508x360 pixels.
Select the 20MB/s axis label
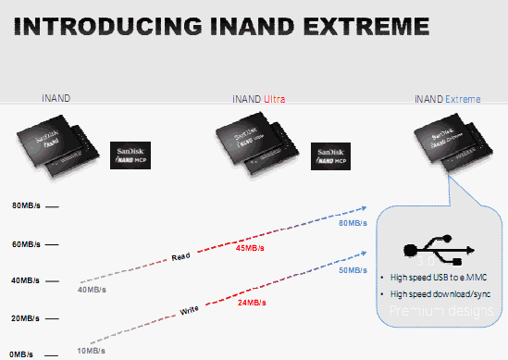(x=24, y=317)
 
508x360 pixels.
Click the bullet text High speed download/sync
(x=439, y=293)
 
